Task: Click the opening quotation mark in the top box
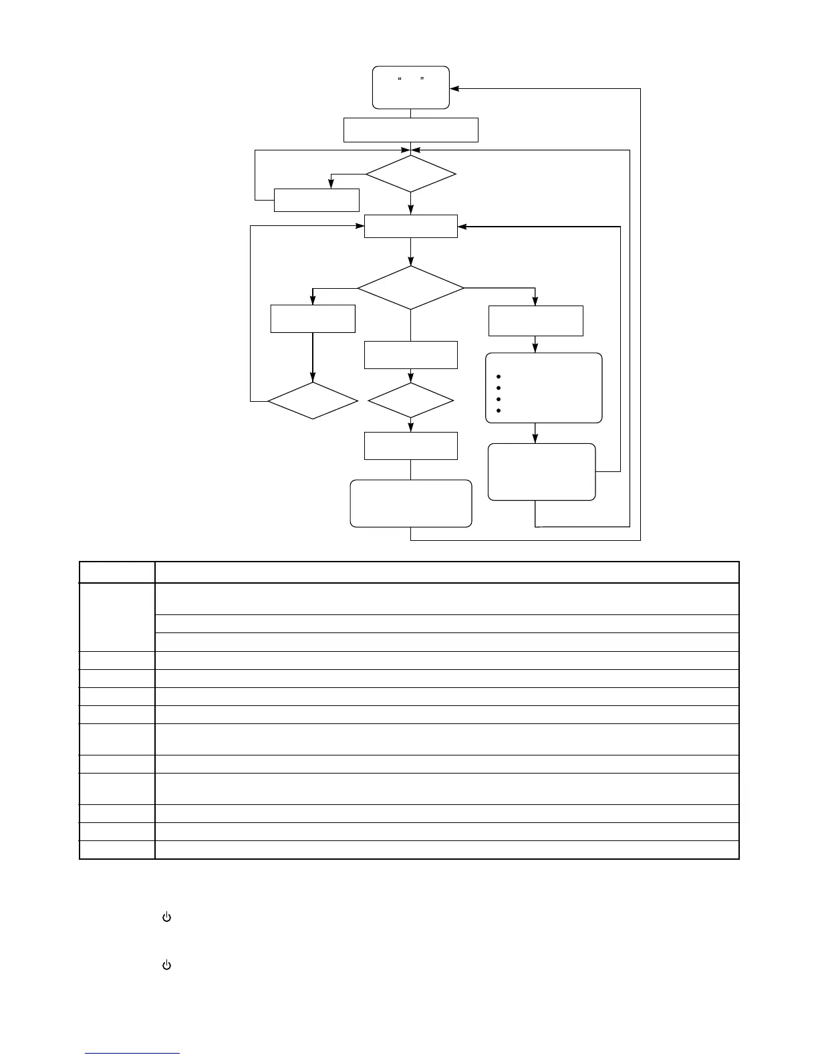click(x=399, y=80)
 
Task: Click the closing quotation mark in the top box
click(x=422, y=80)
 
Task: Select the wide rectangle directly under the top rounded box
click(x=410, y=130)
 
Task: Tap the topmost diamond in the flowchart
click(x=410, y=174)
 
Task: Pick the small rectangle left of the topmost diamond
click(x=317, y=200)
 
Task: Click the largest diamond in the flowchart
click(x=410, y=288)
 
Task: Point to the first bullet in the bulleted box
click(x=499, y=377)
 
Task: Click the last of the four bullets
click(x=499, y=410)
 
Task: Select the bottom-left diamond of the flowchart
click(x=313, y=401)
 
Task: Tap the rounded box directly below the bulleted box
click(x=541, y=471)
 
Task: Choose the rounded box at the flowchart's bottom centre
click(x=410, y=503)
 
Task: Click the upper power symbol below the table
click(x=167, y=918)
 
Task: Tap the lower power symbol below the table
click(x=167, y=965)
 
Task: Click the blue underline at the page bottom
click(x=132, y=1054)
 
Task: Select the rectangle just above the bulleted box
click(x=536, y=321)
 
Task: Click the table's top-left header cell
click(x=117, y=572)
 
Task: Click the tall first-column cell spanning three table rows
click(x=117, y=617)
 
